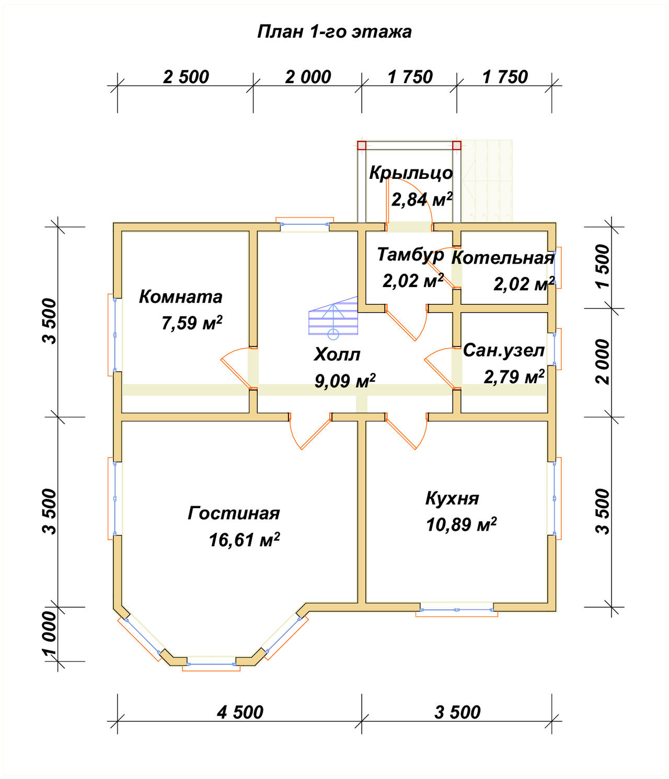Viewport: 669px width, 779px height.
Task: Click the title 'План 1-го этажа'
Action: coord(334,32)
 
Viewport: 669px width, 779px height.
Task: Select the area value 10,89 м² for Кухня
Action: coord(461,524)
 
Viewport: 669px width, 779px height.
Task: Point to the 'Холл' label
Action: coord(337,354)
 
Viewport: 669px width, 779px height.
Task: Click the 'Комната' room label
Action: coord(180,297)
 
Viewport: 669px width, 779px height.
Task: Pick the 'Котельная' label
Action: coord(503,258)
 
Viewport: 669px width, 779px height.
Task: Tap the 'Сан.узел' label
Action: coord(504,350)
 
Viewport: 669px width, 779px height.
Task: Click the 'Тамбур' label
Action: coord(411,255)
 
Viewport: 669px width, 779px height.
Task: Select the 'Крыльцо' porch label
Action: coord(411,173)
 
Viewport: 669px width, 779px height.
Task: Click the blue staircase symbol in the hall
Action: coord(333,318)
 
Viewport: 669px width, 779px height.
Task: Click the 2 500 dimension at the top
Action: coord(186,77)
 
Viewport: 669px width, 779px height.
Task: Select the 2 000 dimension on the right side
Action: coord(602,362)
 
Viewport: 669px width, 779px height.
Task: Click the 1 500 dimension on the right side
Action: coord(602,267)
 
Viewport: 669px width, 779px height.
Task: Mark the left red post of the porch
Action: coord(362,145)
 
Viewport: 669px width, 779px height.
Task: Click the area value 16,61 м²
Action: coord(244,540)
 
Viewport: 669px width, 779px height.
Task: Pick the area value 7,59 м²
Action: coord(192,323)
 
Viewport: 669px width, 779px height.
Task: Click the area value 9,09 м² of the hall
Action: coord(344,381)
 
